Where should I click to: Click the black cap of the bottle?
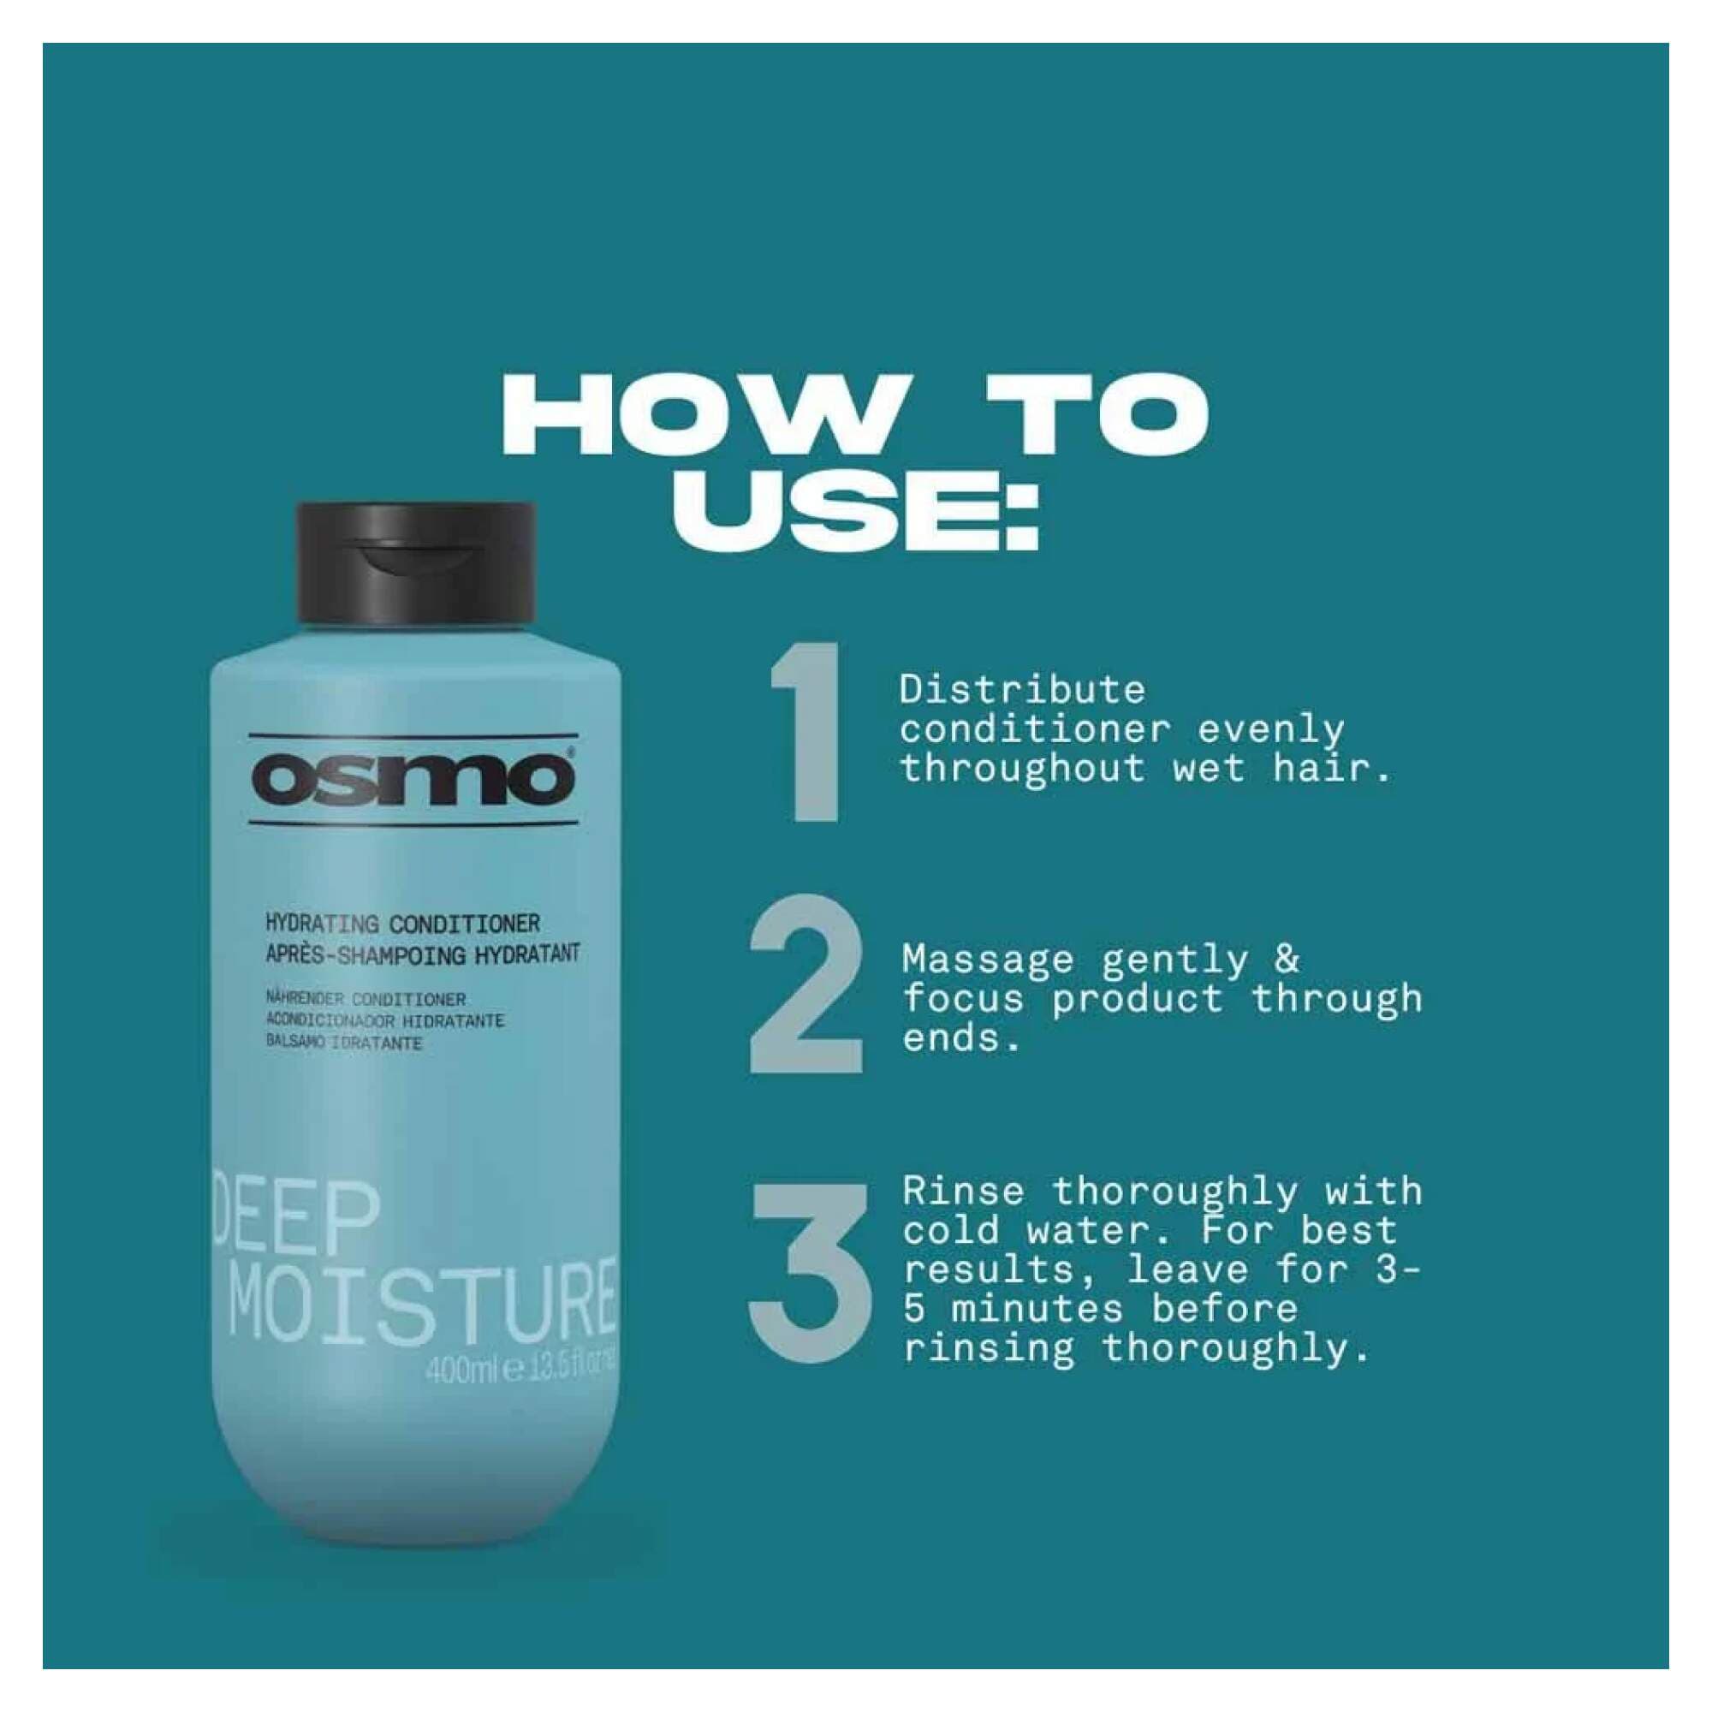(416, 562)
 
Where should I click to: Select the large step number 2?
(806, 984)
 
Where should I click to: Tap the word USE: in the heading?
(855, 512)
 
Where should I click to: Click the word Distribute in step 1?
(1022, 690)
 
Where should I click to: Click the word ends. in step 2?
(961, 1038)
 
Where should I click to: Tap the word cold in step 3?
(952, 1231)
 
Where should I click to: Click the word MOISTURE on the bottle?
(422, 1304)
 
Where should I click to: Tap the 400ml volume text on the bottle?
(462, 1371)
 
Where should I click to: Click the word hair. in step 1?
(1333, 769)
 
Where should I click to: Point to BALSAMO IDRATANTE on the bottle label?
(344, 1043)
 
